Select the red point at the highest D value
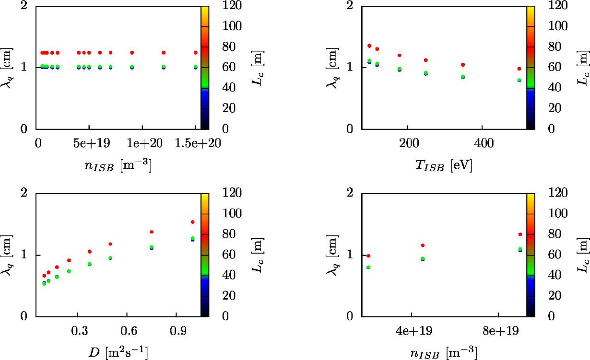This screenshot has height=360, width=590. tap(192, 222)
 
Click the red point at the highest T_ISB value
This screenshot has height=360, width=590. tap(519, 69)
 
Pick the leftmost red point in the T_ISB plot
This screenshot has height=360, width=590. tap(369, 46)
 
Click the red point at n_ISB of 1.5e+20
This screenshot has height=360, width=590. tap(195, 52)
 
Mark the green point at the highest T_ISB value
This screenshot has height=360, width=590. tap(519, 80)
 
